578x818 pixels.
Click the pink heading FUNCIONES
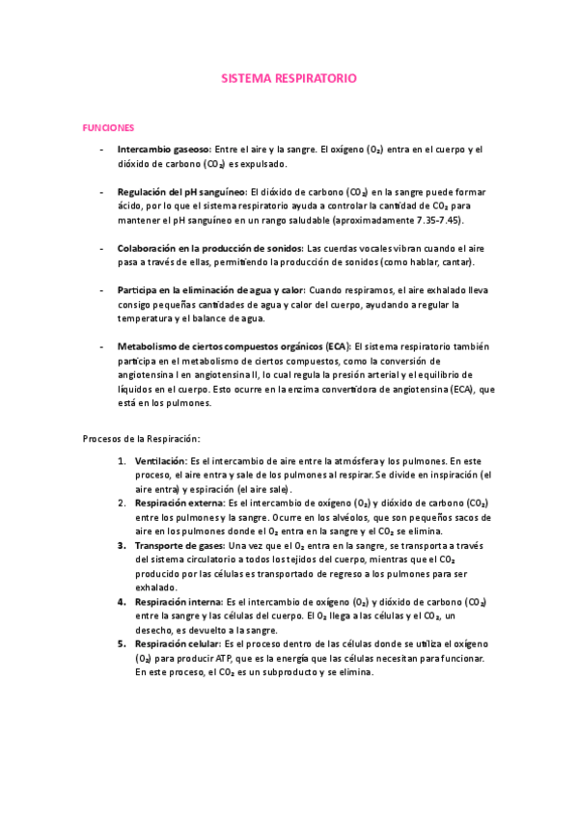point(109,127)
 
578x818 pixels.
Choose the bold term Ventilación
point(160,461)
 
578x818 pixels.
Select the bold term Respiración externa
point(179,504)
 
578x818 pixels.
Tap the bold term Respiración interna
point(178,601)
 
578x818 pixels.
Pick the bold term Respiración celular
point(177,643)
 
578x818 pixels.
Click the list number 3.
point(123,545)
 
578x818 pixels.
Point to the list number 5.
point(123,643)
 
